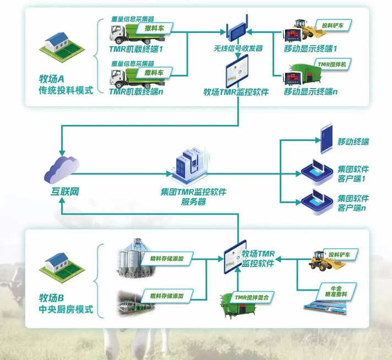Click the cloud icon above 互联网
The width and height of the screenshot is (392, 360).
point(61,167)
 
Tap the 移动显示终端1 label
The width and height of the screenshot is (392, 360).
point(311,49)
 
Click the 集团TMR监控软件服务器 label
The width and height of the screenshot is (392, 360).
point(193,197)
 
